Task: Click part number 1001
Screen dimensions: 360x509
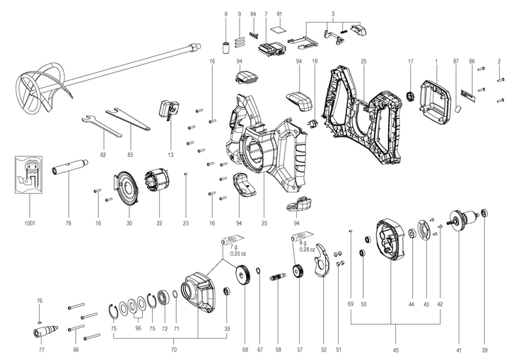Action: pos(29,223)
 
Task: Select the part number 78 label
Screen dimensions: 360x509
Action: pos(69,223)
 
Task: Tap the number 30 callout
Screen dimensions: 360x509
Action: pos(129,223)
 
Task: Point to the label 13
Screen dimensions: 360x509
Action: pos(170,154)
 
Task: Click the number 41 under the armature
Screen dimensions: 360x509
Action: pos(458,350)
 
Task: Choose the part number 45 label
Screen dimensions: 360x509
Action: pos(396,350)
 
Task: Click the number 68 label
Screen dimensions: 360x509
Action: pos(245,350)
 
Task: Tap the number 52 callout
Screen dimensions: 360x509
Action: pos(323,350)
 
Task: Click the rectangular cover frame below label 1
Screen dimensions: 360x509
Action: pos(436,95)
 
